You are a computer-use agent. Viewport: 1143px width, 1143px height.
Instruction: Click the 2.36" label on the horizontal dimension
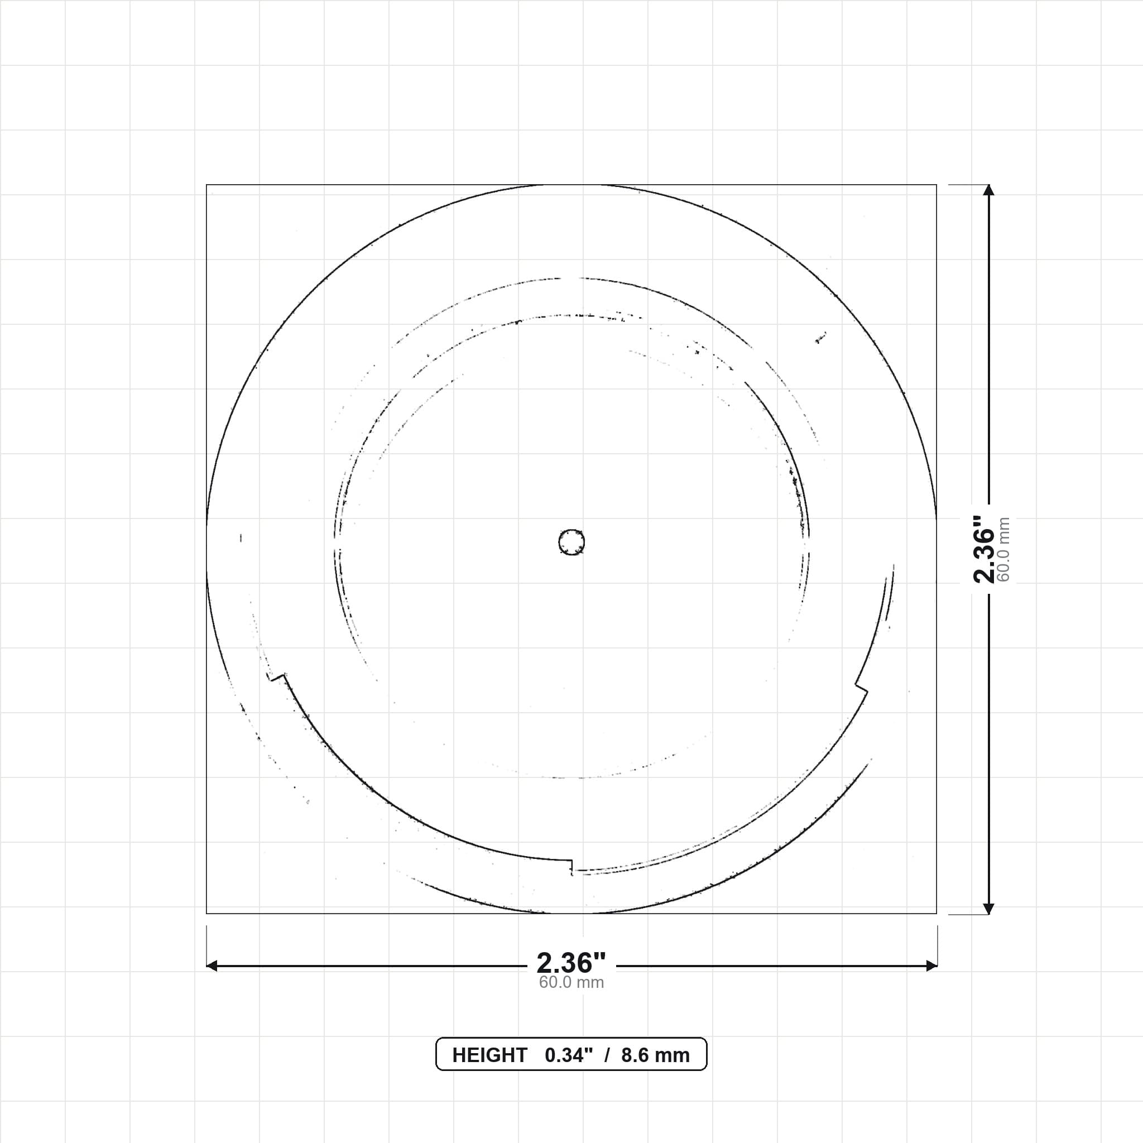click(571, 963)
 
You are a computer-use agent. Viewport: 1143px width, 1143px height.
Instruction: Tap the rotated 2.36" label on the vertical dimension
click(984, 549)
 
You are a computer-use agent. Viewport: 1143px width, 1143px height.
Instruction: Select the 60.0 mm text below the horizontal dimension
click(571, 982)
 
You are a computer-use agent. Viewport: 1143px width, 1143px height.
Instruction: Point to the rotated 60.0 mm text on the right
click(1003, 550)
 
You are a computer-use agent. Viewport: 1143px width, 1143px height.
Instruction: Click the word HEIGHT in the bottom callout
click(489, 1055)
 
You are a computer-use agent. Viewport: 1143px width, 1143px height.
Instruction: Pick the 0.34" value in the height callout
click(569, 1055)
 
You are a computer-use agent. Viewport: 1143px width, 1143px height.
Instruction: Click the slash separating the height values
click(607, 1055)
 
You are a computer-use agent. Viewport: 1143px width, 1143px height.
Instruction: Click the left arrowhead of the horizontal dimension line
click(211, 966)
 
